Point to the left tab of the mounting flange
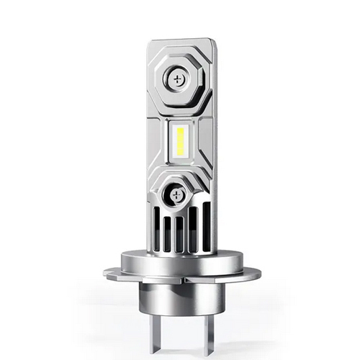coord(114,273)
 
